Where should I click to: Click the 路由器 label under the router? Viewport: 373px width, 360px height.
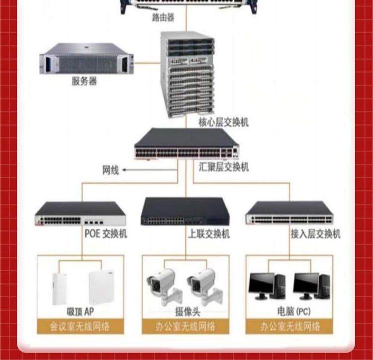tap(163, 18)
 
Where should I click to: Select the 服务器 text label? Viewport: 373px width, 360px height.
tap(84, 81)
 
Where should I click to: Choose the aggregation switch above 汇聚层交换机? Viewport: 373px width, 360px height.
tap(186, 144)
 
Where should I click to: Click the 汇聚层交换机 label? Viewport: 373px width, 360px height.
tap(224, 167)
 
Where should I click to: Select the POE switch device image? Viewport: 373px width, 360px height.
tap(80, 214)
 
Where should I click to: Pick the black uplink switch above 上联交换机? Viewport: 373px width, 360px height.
tap(185, 212)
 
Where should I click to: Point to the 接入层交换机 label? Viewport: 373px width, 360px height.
tap(316, 234)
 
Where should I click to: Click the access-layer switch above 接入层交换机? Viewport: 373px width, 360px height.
tap(289, 213)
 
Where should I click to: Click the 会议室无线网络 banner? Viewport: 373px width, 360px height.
tap(81, 327)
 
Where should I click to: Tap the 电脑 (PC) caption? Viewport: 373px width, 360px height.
tap(293, 312)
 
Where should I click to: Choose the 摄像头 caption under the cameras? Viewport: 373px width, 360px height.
tap(186, 312)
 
